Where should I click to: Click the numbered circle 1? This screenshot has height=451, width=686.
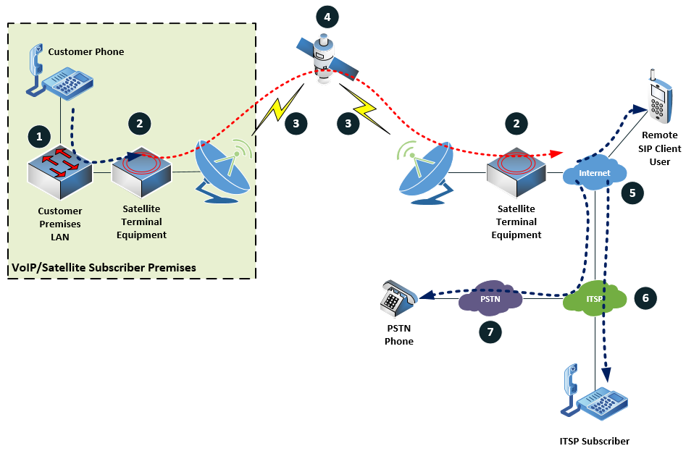click(x=38, y=135)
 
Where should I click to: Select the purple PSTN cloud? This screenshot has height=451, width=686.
click(x=490, y=297)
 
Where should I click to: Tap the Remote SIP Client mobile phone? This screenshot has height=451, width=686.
click(x=659, y=98)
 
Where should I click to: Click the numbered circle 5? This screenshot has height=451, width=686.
click(x=632, y=193)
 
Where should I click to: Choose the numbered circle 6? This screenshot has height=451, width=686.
click(x=645, y=298)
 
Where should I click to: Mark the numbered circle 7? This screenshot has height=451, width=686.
click(x=490, y=331)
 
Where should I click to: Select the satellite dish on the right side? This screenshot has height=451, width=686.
click(x=427, y=169)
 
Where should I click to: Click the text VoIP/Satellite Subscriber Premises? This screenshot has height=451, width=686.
click(x=104, y=267)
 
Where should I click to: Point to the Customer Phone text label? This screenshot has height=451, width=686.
click(x=86, y=51)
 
